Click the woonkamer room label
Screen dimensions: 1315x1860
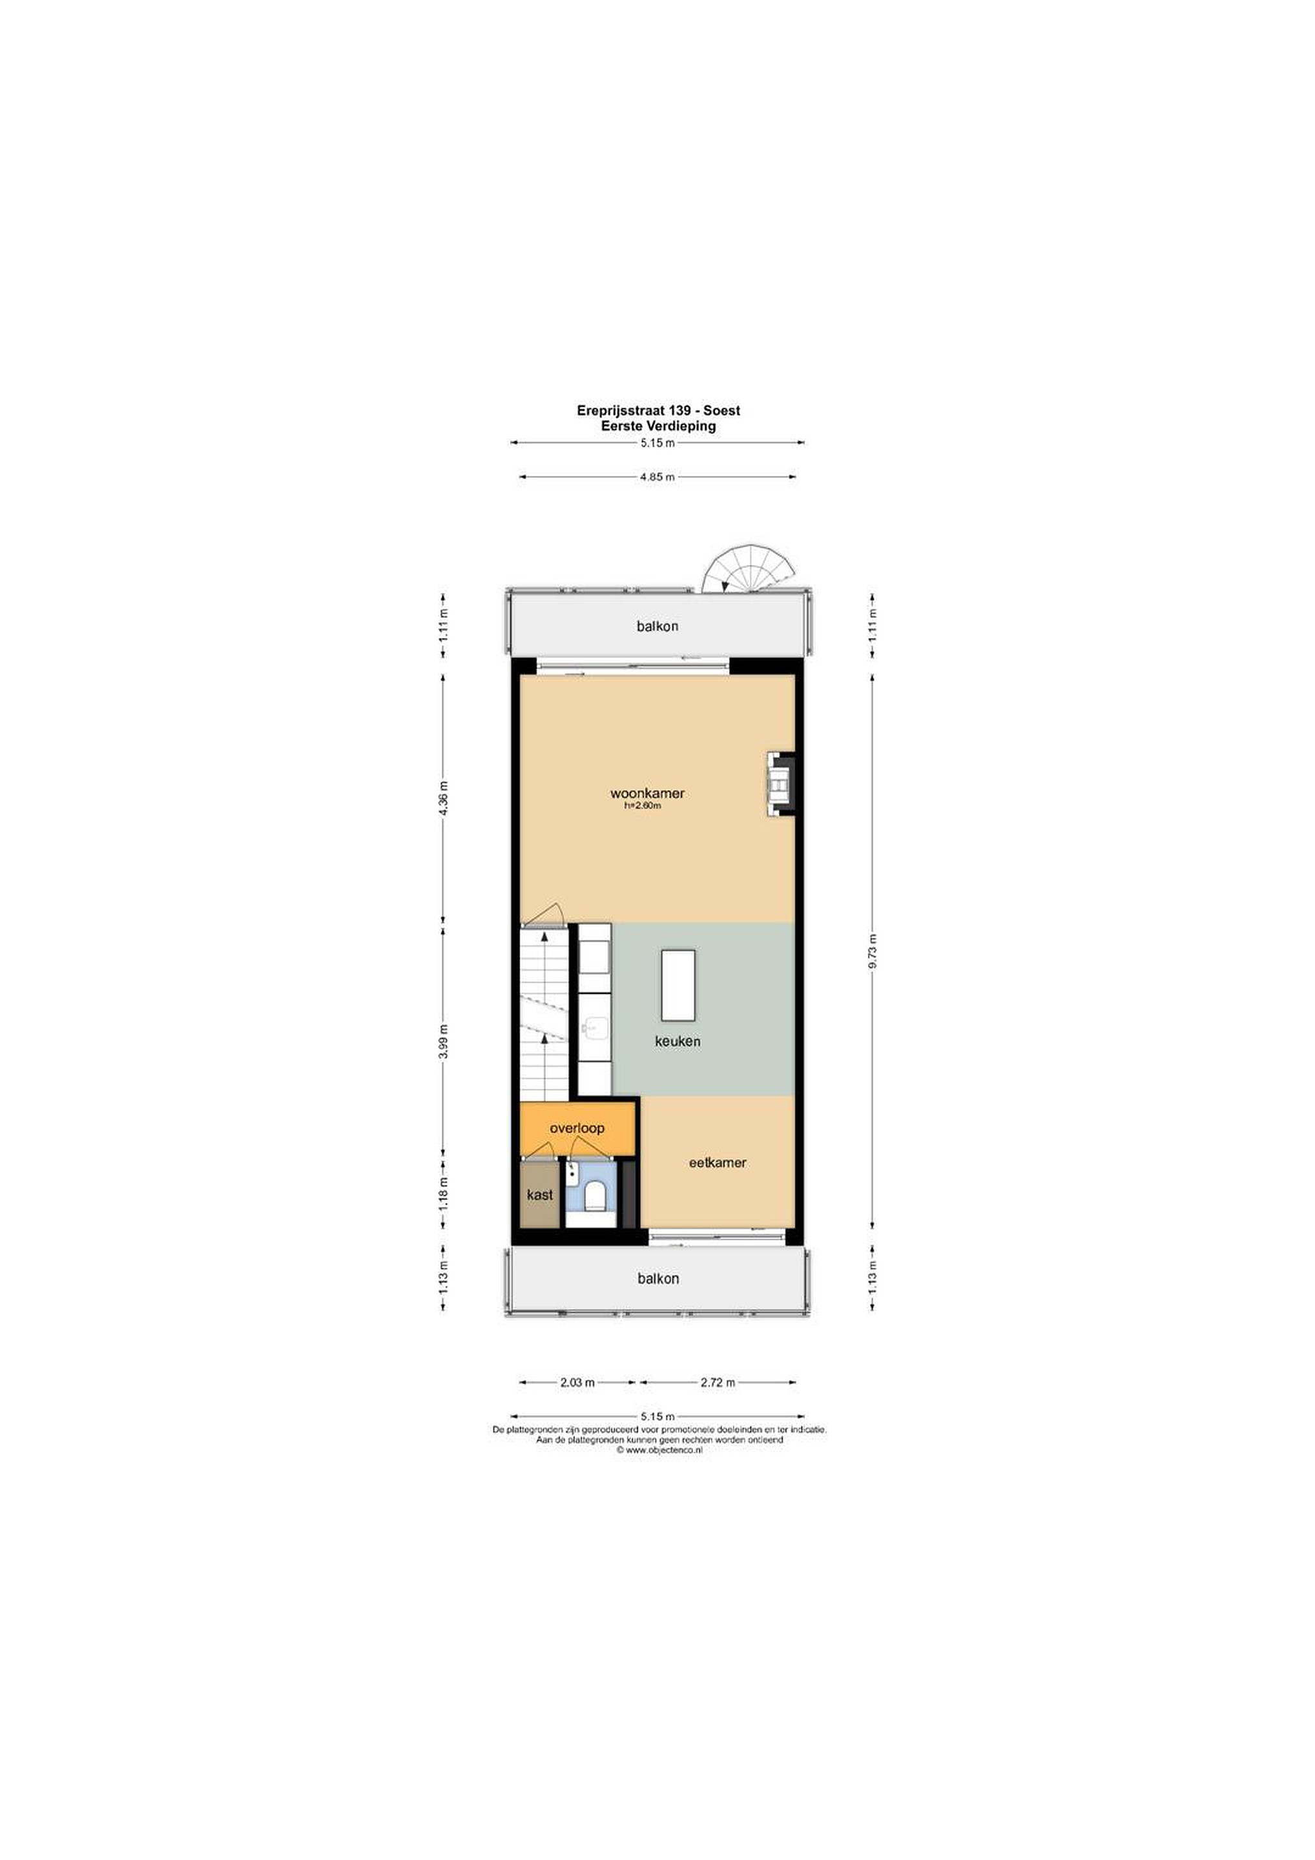647,793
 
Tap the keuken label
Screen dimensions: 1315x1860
678,1041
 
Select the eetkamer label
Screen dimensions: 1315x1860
717,1162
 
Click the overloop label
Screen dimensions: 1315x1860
577,1128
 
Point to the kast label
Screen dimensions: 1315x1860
539,1195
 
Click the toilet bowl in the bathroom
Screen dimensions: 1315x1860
595,1195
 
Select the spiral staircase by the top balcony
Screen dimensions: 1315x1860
748,570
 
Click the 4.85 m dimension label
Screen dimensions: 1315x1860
657,477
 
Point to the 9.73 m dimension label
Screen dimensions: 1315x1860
873,952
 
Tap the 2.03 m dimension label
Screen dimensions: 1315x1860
577,1382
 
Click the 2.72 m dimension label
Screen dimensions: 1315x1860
718,1382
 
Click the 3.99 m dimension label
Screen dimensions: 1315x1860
443,1041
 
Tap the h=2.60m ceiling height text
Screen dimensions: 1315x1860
643,806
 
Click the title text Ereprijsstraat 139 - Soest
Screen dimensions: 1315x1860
658,411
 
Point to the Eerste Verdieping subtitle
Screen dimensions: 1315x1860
658,426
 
